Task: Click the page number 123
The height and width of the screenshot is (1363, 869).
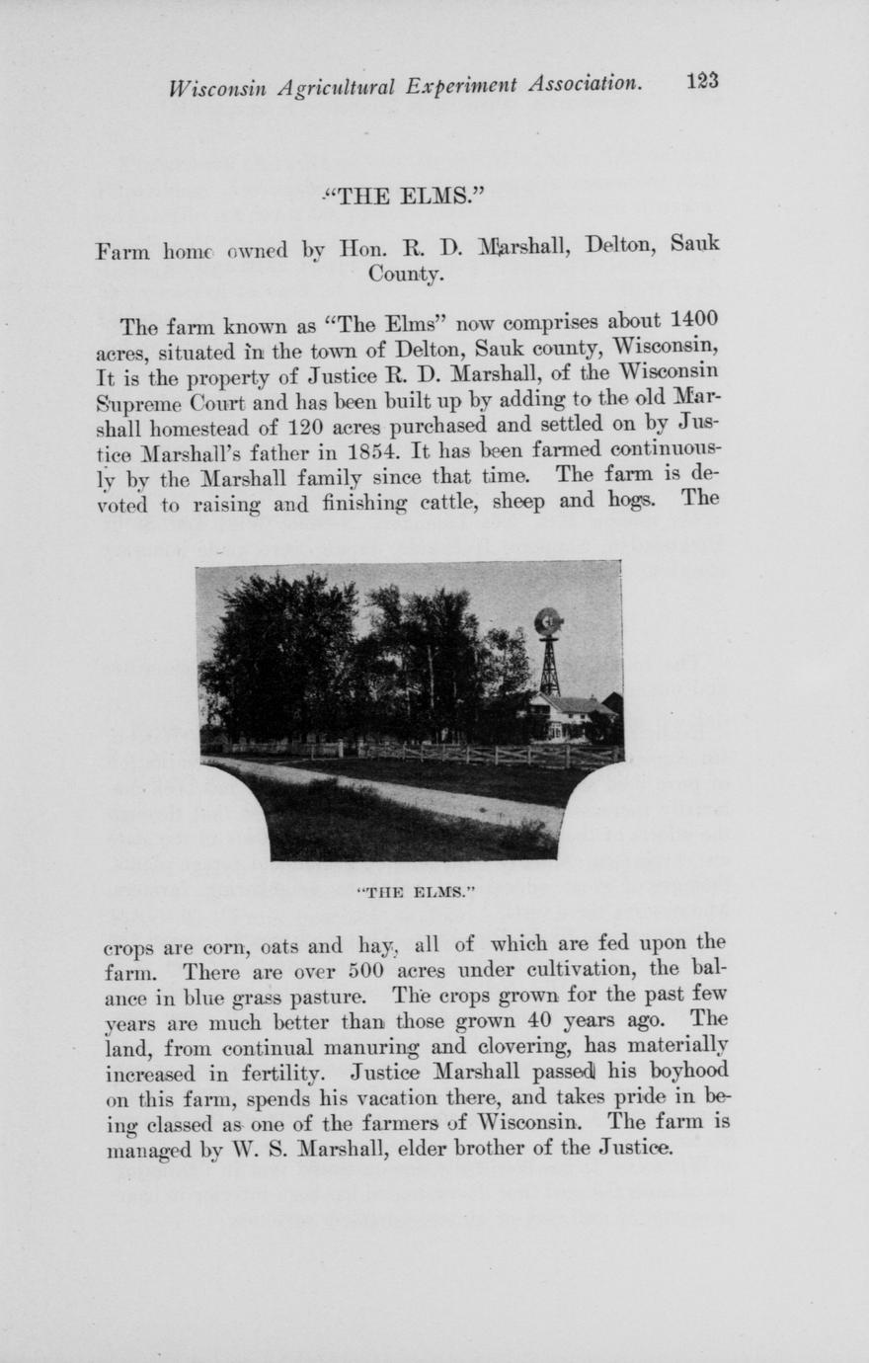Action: point(702,81)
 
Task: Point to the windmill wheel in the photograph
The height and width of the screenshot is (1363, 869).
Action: point(548,621)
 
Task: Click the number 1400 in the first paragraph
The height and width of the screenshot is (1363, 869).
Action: point(693,322)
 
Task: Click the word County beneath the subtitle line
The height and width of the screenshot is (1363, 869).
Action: point(405,274)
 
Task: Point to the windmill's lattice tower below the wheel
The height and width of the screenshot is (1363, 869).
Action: point(549,667)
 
